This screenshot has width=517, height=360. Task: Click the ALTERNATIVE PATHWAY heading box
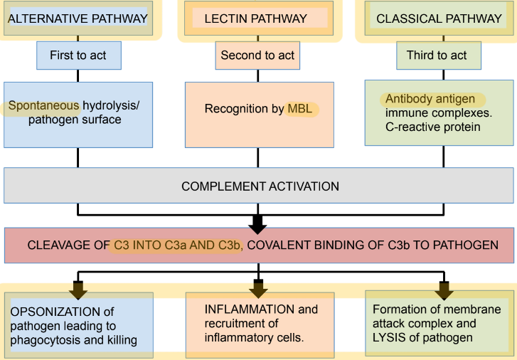click(x=77, y=18)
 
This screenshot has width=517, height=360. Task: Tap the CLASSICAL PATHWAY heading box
click(x=438, y=19)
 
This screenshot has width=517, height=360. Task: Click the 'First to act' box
click(x=78, y=55)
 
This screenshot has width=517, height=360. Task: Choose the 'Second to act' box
click(x=257, y=55)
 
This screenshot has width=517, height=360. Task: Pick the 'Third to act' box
click(x=437, y=55)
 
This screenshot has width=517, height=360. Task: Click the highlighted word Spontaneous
click(x=44, y=106)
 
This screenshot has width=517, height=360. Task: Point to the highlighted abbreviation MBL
click(x=299, y=109)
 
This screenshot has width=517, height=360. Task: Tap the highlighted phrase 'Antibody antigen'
click(x=430, y=99)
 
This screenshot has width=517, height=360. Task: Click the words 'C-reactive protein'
click(x=433, y=127)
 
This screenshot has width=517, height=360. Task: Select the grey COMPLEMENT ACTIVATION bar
click(x=260, y=186)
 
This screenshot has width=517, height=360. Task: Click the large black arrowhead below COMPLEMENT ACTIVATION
click(x=258, y=223)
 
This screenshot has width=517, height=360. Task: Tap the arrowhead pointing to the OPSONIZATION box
click(x=78, y=290)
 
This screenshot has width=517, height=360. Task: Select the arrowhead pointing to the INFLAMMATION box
click(x=258, y=290)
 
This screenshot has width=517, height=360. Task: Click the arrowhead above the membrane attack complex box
click(x=444, y=290)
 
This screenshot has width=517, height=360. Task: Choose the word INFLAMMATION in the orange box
click(x=240, y=309)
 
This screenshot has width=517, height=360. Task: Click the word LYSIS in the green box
click(x=389, y=337)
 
